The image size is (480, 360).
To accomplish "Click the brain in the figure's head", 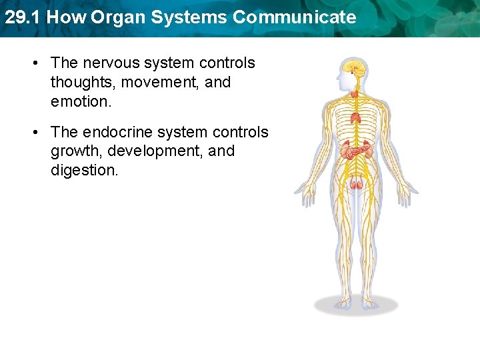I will coord(353,67).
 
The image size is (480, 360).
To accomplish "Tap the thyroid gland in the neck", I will coord(355,94).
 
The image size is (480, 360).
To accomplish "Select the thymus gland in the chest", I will coord(356,118).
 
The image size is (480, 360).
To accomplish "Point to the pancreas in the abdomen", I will coord(359,151).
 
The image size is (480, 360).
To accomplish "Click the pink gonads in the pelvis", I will coord(357,183).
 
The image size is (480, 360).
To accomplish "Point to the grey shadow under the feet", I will coord(356,305).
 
